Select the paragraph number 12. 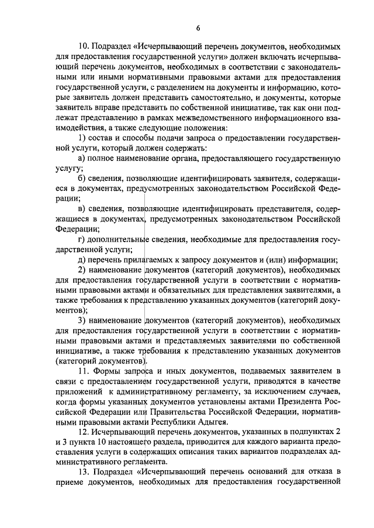[84, 433]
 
